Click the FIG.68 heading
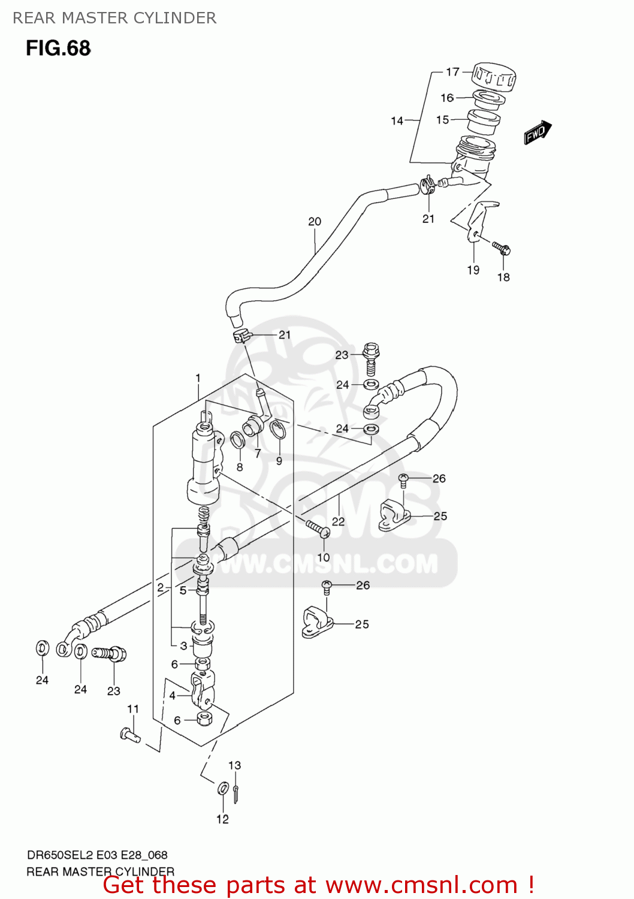pyautogui.click(x=58, y=48)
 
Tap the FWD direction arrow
pyautogui.click(x=538, y=132)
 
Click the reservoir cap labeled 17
pyautogui.click(x=493, y=77)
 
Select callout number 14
pyautogui.click(x=397, y=120)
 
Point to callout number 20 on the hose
pyautogui.click(x=315, y=221)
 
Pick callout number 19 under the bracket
pyautogui.click(x=473, y=270)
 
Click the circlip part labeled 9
pyautogui.click(x=277, y=432)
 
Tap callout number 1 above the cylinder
pyautogui.click(x=198, y=378)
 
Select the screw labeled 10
pyautogui.click(x=318, y=529)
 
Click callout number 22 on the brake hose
pyautogui.click(x=338, y=521)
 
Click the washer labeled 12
pyautogui.click(x=223, y=789)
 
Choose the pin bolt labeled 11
pyautogui.click(x=130, y=734)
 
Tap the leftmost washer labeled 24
pyautogui.click(x=42, y=648)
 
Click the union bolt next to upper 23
pyautogui.click(x=372, y=357)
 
